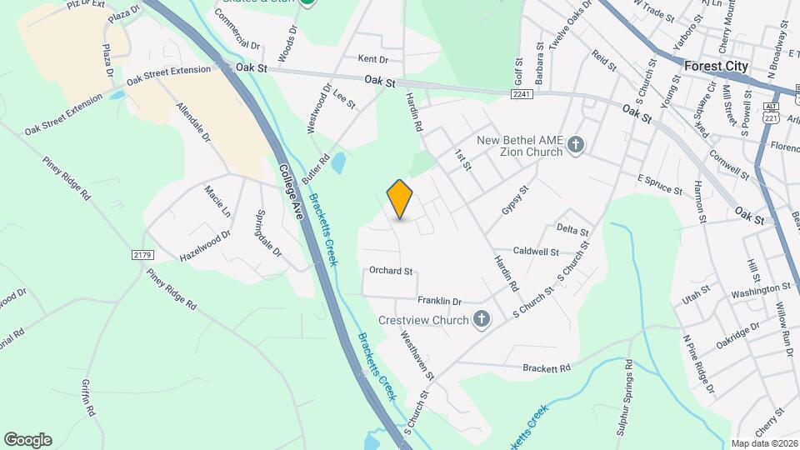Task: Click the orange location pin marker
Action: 400,198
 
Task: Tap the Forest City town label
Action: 716,66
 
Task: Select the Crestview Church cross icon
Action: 481,318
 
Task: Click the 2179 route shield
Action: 143,252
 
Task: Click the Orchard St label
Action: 391,271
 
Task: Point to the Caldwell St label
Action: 535,251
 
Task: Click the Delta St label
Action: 572,229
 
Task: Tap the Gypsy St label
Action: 515,200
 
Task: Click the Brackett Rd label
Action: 546,367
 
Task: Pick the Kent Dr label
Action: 372,59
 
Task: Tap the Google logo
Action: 27,439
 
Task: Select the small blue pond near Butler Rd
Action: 337,162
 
